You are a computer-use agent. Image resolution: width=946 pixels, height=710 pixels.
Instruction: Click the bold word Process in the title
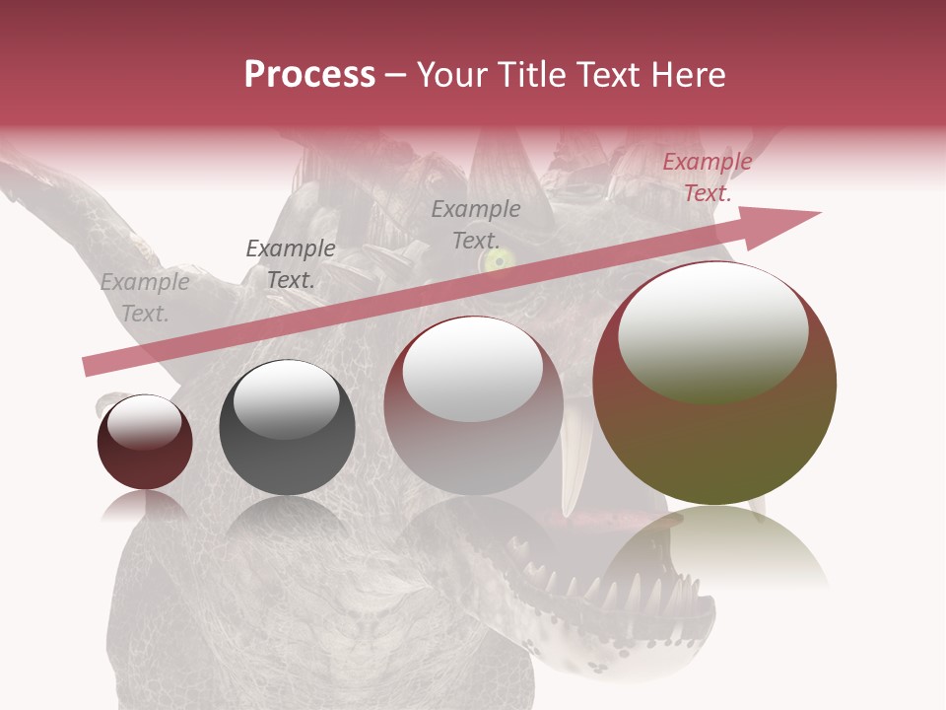[x=309, y=75]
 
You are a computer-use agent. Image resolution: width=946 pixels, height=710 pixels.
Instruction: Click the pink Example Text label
[x=707, y=177]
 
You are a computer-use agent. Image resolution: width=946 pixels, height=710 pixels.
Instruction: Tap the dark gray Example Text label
[x=290, y=264]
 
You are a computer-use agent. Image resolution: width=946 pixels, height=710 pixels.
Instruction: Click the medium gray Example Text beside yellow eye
[x=476, y=224]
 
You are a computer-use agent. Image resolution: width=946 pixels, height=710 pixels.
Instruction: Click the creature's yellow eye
[x=498, y=260]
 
